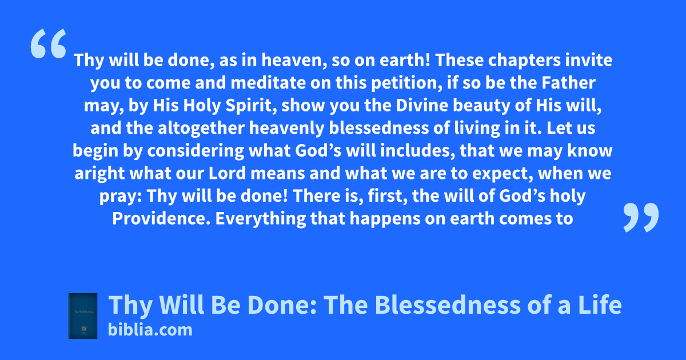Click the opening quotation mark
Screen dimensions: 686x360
click(x=49, y=43)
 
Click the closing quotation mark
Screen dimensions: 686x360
click(x=641, y=217)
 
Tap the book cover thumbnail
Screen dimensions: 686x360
click(x=83, y=316)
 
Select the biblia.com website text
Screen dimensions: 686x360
click(x=150, y=330)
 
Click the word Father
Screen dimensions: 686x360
click(x=569, y=83)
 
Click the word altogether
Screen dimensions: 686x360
click(x=201, y=129)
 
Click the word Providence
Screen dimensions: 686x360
click(x=161, y=218)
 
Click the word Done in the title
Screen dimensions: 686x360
click(x=281, y=305)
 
